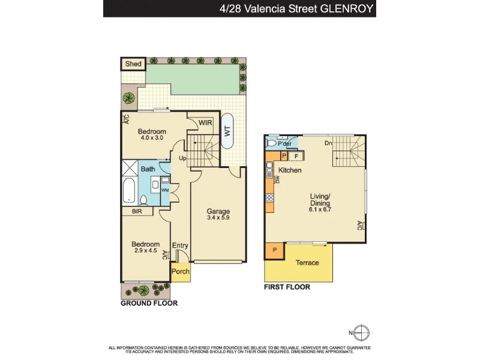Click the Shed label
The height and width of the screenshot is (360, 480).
pos(133,64)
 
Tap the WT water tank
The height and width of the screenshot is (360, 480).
pos(227,131)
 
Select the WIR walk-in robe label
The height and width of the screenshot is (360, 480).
pos(205,123)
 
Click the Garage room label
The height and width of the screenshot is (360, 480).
pos(218,211)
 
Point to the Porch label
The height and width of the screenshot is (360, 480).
pos(181,272)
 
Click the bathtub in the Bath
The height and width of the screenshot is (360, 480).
pos(130,191)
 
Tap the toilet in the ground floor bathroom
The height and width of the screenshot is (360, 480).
pos(143,200)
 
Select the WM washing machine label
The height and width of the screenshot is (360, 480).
pos(166,190)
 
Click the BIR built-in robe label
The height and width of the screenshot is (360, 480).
pos(137,211)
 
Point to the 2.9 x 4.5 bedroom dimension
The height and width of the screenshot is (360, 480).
pos(146,250)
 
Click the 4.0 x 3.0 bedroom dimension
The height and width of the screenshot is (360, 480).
pos(152,138)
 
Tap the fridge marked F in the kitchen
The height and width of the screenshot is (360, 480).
pos(296,156)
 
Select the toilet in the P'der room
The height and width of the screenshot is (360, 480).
pos(271,143)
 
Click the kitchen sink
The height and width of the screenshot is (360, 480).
pos(269,170)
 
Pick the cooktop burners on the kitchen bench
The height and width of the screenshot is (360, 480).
pos(269,197)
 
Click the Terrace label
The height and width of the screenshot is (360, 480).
pos(307,263)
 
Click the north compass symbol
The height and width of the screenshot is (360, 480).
pos(362,333)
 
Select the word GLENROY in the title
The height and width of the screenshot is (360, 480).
pos(347,8)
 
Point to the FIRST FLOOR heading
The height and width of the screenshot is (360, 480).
pos(287,287)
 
